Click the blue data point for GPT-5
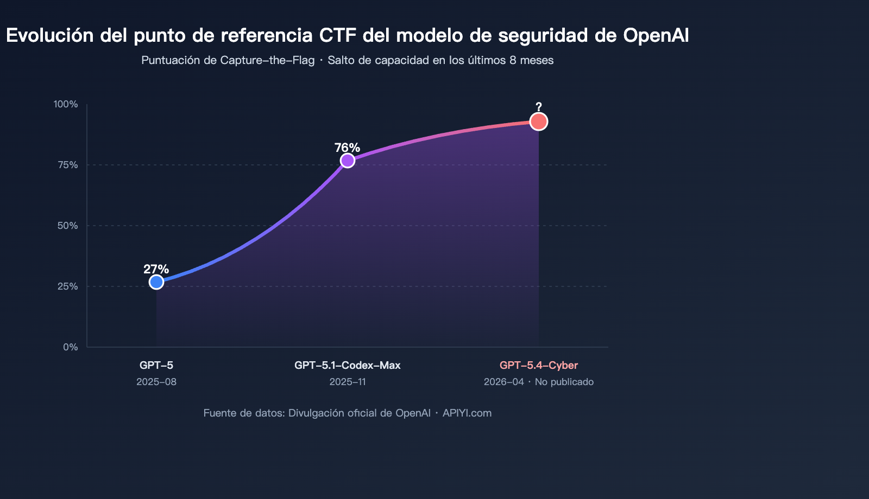156,282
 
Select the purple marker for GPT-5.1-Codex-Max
348,161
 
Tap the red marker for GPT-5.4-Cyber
538,121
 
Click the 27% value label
156,269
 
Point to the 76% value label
347,148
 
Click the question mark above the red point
538,107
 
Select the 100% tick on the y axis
66,104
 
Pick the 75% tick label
68,165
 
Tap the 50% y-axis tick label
68,226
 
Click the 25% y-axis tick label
68,286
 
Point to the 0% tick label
71,347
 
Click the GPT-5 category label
156,366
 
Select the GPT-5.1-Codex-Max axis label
348,366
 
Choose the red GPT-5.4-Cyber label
539,366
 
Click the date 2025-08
156,382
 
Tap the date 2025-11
348,382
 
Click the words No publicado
564,382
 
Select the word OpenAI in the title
656,35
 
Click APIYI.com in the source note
467,413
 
